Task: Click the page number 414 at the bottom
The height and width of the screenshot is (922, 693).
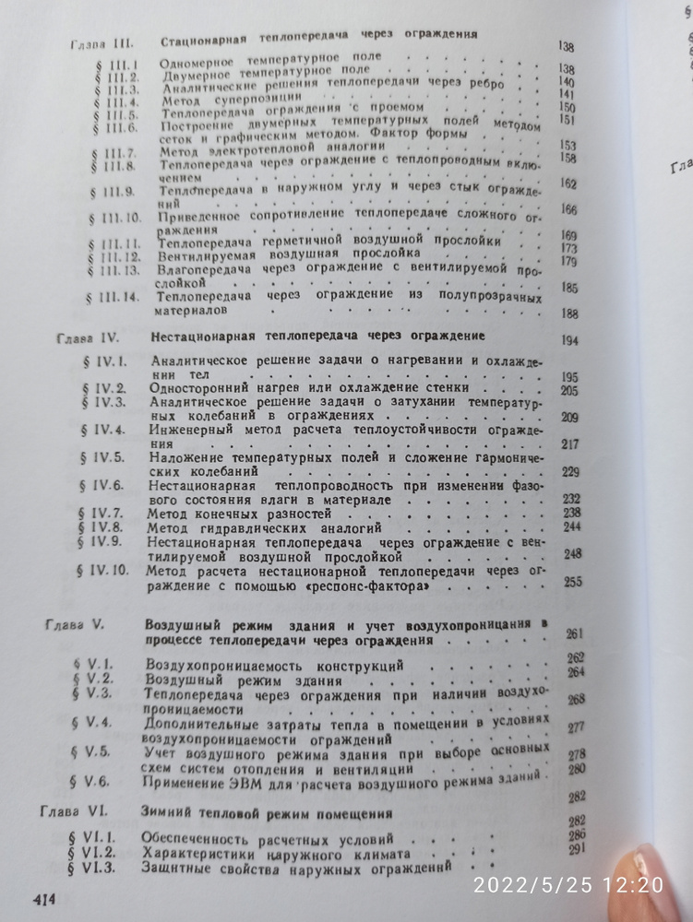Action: pos(46,897)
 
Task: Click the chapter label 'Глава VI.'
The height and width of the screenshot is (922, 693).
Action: pos(76,813)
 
